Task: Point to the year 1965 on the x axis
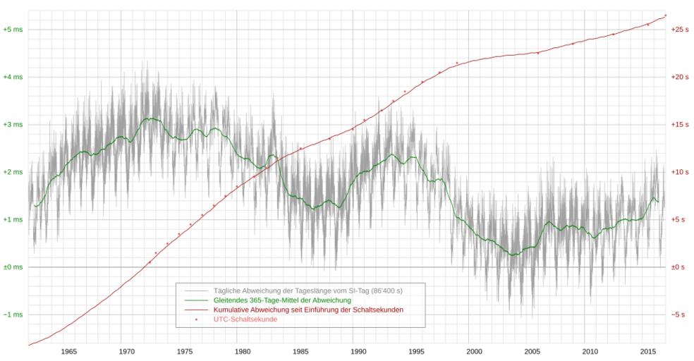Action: (68, 351)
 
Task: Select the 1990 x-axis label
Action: (358, 351)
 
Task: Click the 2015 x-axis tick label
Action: (648, 351)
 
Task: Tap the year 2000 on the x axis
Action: (474, 351)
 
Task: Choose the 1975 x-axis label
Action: (185, 351)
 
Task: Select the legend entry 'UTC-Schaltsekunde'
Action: (245, 319)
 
